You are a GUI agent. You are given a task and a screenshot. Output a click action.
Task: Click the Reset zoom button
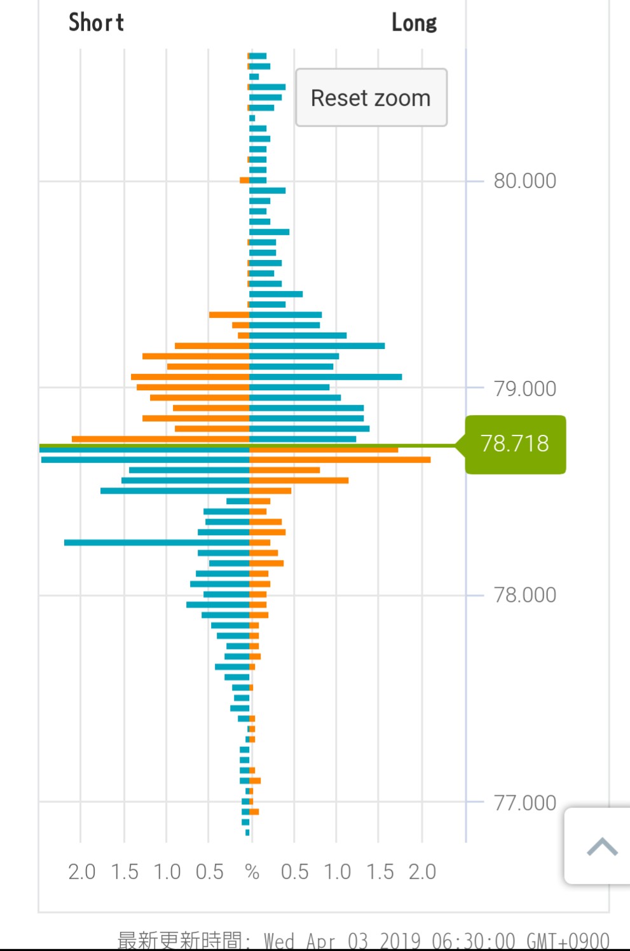(x=371, y=98)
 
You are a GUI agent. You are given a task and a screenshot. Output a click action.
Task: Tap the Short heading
(x=96, y=23)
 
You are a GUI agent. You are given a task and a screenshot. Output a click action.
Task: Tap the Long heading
(x=414, y=23)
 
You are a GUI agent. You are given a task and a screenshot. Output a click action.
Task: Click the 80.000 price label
(x=524, y=181)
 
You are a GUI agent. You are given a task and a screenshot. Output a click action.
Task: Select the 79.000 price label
(x=524, y=388)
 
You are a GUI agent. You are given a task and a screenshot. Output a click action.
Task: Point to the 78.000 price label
(x=524, y=595)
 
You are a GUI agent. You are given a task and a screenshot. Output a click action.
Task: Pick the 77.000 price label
(x=524, y=803)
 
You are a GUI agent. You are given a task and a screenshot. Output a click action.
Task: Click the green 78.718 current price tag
(x=515, y=444)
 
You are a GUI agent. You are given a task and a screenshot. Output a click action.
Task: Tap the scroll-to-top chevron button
(x=601, y=847)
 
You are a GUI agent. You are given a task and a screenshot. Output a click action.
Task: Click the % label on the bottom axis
(x=252, y=872)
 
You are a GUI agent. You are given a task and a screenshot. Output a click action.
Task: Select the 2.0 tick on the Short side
(x=81, y=872)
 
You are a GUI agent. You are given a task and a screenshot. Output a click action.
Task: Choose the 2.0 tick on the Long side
(x=422, y=872)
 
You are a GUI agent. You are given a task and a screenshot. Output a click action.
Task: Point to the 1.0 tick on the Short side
(x=167, y=872)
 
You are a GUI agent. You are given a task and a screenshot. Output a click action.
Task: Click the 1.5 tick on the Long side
(x=380, y=872)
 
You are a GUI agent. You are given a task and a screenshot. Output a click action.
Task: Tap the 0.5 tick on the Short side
(x=209, y=872)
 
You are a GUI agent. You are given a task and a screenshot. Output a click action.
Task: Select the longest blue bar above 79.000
(x=325, y=377)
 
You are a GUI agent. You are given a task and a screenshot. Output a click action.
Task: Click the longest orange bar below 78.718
(x=340, y=460)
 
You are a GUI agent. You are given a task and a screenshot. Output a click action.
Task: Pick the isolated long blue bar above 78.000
(x=156, y=542)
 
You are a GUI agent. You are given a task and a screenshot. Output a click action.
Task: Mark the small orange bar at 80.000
(x=244, y=181)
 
